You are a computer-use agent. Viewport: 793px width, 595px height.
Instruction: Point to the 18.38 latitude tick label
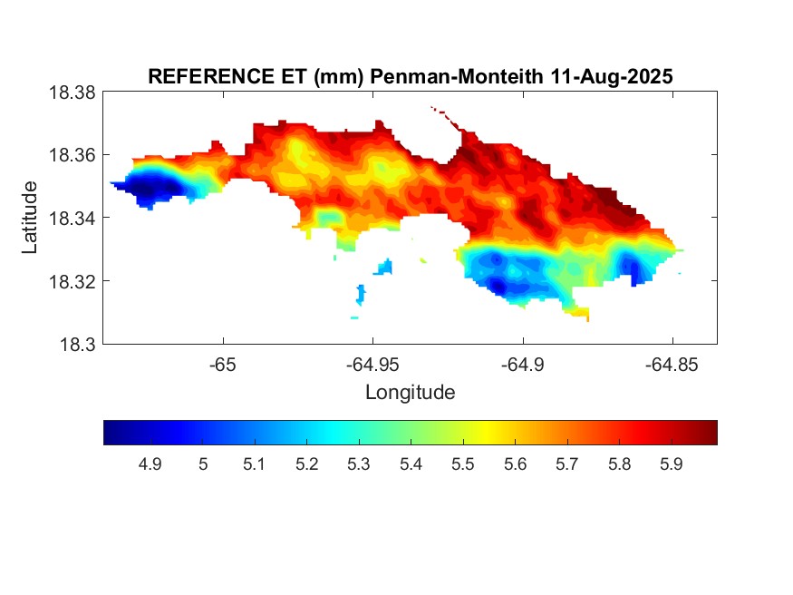(72, 93)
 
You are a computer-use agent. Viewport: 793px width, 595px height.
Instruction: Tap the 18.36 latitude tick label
(72, 155)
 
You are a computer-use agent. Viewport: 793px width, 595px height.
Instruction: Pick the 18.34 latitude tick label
(72, 219)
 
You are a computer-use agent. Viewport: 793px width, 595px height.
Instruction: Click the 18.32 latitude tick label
(72, 281)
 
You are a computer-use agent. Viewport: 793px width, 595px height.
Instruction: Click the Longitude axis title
(410, 393)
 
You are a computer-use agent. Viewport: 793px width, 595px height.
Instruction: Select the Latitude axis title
(31, 218)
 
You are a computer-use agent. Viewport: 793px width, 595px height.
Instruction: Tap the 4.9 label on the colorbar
(150, 464)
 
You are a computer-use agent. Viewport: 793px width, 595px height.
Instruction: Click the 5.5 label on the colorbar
(463, 464)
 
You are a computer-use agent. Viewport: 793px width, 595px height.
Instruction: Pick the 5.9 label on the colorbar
(672, 464)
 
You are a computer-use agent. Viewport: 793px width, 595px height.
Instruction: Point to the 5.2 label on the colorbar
(306, 464)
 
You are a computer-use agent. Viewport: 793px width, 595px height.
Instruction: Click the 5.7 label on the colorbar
(567, 464)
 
